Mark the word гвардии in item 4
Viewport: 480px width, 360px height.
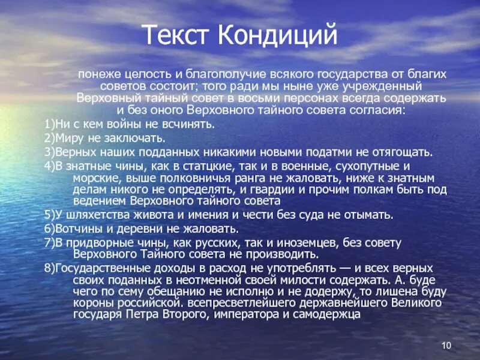pos(277,190)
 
